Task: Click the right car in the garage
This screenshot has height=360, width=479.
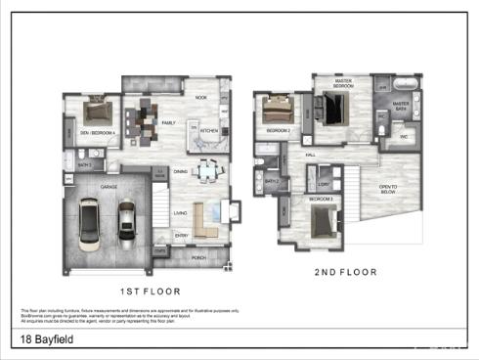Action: coord(127,222)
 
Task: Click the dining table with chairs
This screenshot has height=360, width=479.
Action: coord(206,172)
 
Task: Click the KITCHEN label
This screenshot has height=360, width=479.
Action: coord(209,130)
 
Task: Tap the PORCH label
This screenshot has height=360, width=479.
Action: coord(199,259)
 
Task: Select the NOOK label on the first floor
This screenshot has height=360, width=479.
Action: coord(200,98)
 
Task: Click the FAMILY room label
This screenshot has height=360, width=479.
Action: coord(169,123)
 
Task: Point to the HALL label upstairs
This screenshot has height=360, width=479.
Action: coord(310,155)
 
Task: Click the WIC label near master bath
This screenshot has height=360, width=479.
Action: coord(402,137)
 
